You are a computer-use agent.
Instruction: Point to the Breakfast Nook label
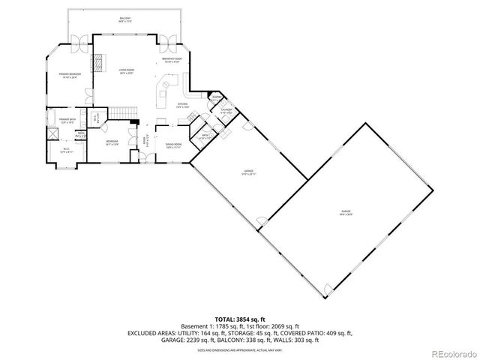point(172,60)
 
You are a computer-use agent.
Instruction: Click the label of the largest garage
point(346,214)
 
